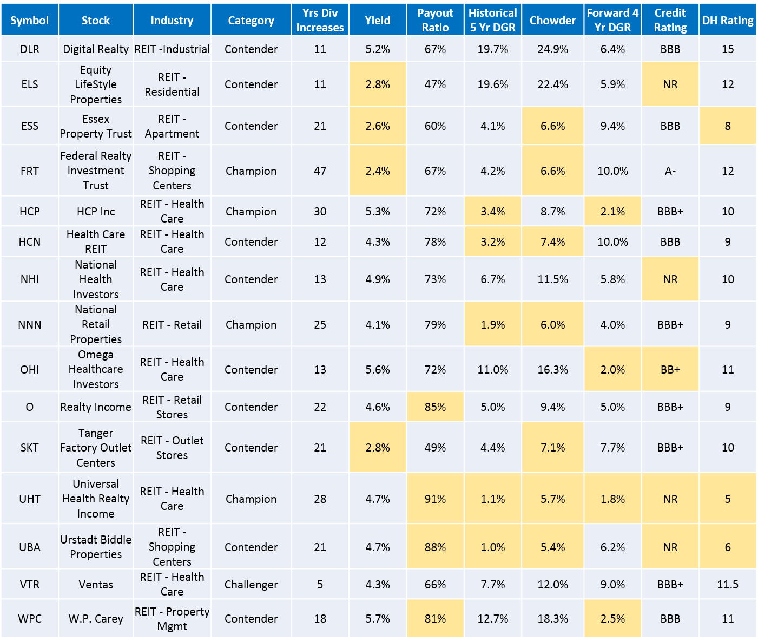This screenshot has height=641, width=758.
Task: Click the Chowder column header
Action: pyautogui.click(x=552, y=20)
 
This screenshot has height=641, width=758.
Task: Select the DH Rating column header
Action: pyautogui.click(x=728, y=20)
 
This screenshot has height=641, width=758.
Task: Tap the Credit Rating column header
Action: pyautogui.click(x=670, y=20)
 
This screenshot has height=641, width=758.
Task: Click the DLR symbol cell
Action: pyautogui.click(x=30, y=49)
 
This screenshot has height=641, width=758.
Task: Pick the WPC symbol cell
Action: pyautogui.click(x=30, y=619)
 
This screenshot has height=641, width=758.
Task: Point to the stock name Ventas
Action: pyautogui.click(x=96, y=585)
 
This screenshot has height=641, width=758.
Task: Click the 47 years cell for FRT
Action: pyautogui.click(x=320, y=171)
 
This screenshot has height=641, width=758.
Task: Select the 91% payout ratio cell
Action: pyautogui.click(x=435, y=499)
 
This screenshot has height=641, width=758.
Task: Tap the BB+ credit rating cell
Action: pyautogui.click(x=670, y=370)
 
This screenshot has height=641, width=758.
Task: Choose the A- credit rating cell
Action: pyautogui.click(x=670, y=171)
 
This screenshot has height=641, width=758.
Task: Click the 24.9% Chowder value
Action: pyautogui.click(x=552, y=49)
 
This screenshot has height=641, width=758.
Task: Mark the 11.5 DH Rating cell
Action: pyautogui.click(x=728, y=585)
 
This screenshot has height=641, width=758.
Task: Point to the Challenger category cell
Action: pyautogui.click(x=251, y=585)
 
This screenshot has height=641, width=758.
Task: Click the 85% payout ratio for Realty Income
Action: pyautogui.click(x=435, y=407)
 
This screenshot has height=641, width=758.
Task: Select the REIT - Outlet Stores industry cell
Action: pyautogui.click(x=172, y=448)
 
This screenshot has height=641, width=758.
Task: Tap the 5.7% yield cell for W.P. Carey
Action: pyautogui.click(x=378, y=619)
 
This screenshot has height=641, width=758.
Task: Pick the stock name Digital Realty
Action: pyautogui.click(x=96, y=49)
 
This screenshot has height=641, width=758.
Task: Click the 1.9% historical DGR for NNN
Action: pyautogui.click(x=493, y=325)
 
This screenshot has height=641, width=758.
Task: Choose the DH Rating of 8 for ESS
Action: pyautogui.click(x=728, y=126)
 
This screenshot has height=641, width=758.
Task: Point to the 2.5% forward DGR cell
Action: pyautogui.click(x=612, y=619)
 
